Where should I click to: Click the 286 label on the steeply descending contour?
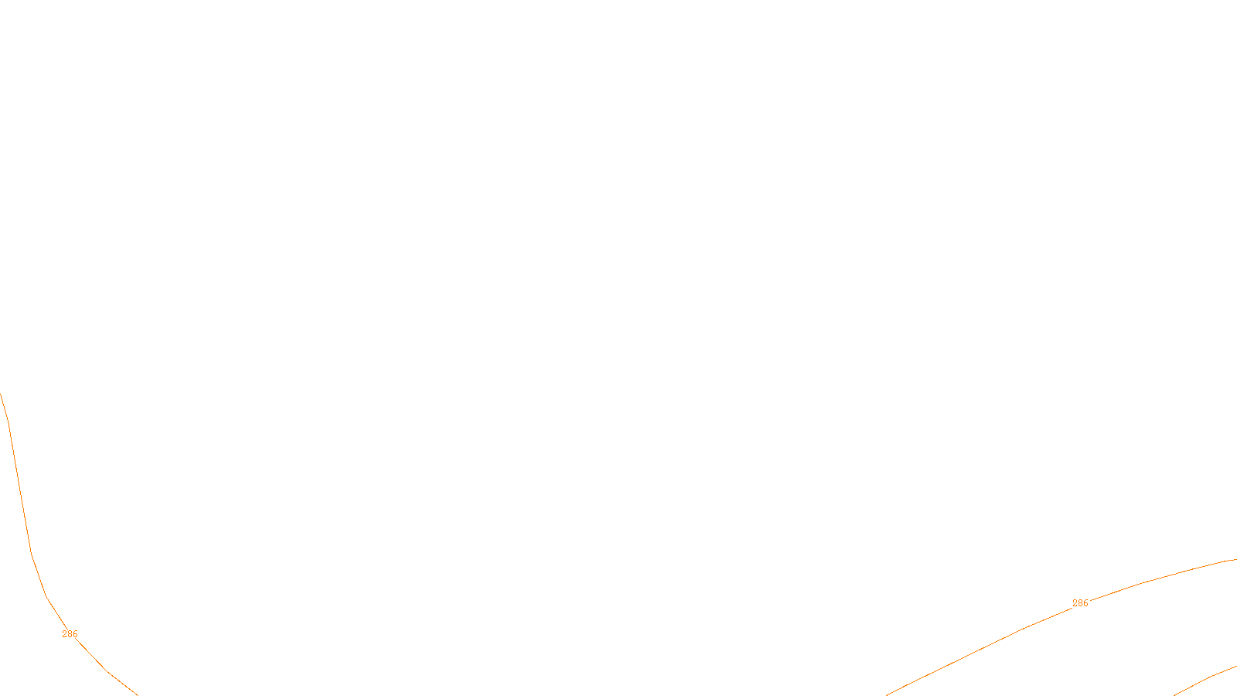pos(70,634)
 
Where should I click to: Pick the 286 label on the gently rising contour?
pos(1080,603)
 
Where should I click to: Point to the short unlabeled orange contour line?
pos(1206,679)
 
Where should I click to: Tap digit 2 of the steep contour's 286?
pos(65,634)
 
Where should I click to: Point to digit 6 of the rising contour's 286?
pos(1085,603)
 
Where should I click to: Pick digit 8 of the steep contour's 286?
pos(70,634)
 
